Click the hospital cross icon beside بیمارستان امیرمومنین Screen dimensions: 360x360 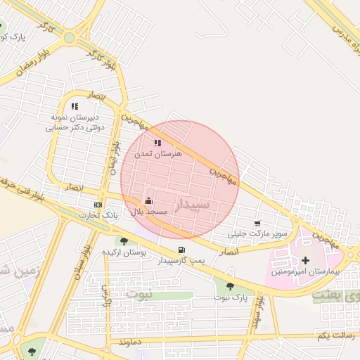click(x=305, y=261)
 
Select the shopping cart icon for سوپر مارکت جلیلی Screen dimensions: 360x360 click(x=258, y=224)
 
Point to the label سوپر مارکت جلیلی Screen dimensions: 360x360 click(x=258, y=233)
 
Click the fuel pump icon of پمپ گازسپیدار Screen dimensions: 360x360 click(x=182, y=250)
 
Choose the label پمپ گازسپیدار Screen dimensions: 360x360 click(x=182, y=260)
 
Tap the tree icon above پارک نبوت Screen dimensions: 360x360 click(x=230, y=287)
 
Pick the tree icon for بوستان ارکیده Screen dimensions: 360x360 click(x=124, y=242)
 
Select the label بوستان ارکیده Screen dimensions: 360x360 click(x=124, y=252)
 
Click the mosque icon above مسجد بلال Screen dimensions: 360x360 click(x=148, y=201)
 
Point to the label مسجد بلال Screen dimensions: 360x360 click(x=148, y=212)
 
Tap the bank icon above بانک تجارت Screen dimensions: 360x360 click(x=98, y=205)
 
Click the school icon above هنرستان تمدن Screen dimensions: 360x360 click(x=157, y=143)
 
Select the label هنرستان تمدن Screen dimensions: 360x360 click(x=157, y=153)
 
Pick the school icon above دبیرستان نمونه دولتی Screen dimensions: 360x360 click(x=75, y=106)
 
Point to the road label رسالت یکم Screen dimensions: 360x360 click(x=334, y=336)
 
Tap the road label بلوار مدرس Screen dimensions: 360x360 click(x=342, y=24)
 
